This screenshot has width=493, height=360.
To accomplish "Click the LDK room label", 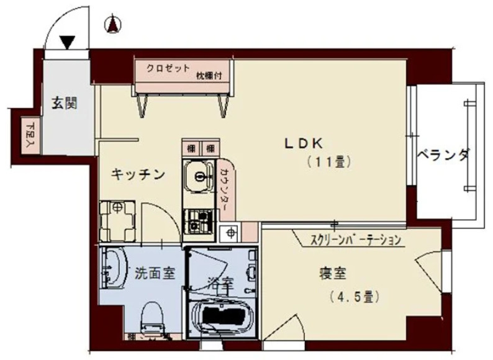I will point(303,143).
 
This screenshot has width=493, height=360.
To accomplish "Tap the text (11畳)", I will point(330,163).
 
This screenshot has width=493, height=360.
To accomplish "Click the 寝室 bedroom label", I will point(333,272).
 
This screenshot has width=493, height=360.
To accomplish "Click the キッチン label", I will point(138,175).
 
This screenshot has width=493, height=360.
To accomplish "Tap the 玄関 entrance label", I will point(64,104).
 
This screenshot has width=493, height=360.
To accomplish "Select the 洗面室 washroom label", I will point(152,272).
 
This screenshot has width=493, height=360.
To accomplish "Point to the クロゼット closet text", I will point(168,68).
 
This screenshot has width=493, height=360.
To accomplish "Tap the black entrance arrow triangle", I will point(67,42).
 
